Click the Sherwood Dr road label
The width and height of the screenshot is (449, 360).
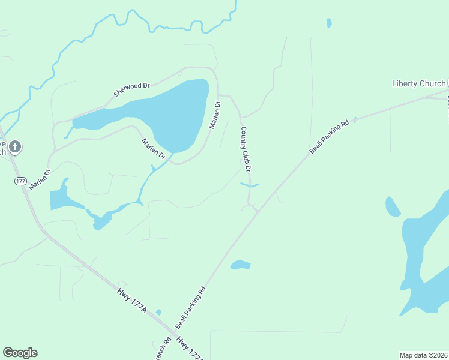point(131,89)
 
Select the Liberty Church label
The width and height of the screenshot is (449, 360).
point(418,83)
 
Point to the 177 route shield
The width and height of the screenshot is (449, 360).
point(21,181)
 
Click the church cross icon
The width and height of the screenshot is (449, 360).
point(16,146)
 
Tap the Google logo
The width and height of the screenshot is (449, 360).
point(20,353)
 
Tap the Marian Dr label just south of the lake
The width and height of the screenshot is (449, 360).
point(154,149)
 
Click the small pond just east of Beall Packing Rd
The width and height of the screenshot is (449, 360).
point(240,265)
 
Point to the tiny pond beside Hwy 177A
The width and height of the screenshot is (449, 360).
point(158,312)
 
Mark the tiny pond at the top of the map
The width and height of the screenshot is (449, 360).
point(329,23)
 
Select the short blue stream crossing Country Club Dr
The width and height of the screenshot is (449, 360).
point(249,185)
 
